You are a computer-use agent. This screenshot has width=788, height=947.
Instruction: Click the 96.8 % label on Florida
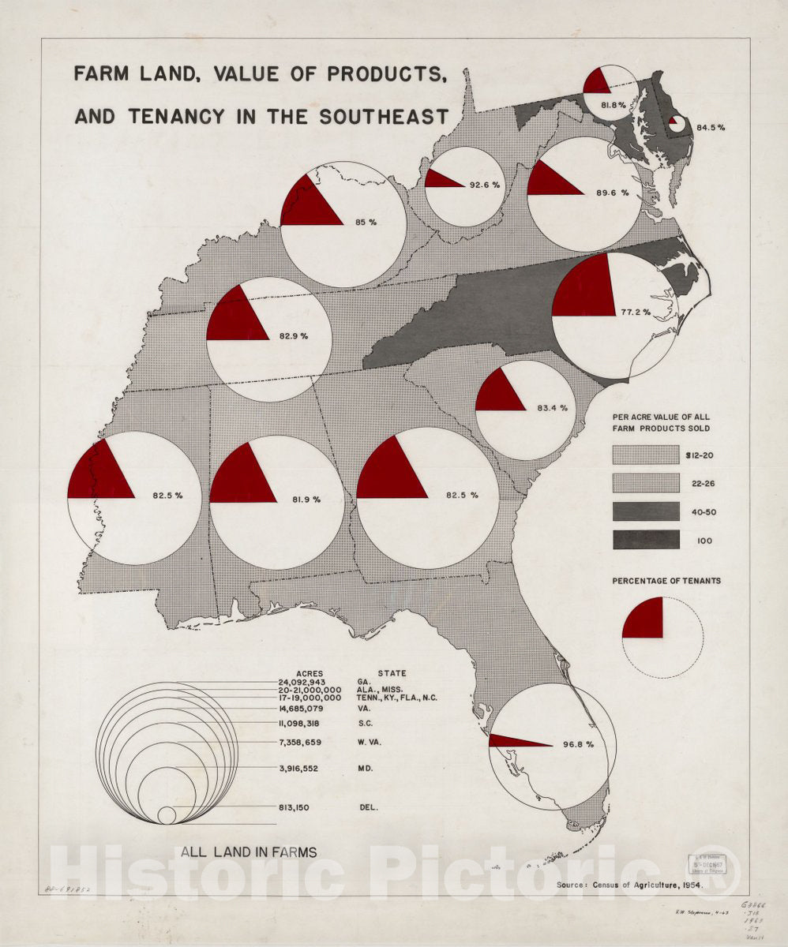coord(577,744)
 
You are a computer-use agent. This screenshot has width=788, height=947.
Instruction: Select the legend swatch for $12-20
coord(645,454)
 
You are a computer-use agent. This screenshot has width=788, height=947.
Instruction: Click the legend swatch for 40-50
coord(645,511)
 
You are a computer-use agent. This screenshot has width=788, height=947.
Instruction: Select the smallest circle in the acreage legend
coord(167,815)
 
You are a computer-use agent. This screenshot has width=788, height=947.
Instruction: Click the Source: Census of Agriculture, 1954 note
coord(629,885)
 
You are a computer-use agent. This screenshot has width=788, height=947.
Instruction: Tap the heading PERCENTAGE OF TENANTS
coord(666,581)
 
